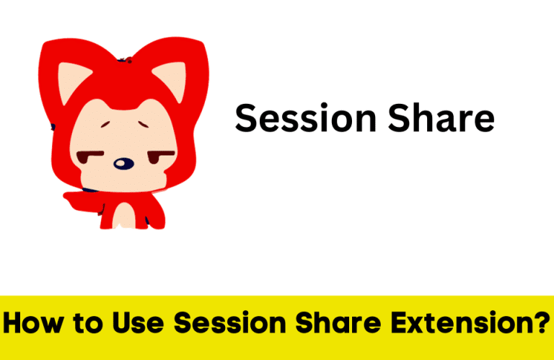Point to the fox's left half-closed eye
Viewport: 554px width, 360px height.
tap(89, 155)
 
